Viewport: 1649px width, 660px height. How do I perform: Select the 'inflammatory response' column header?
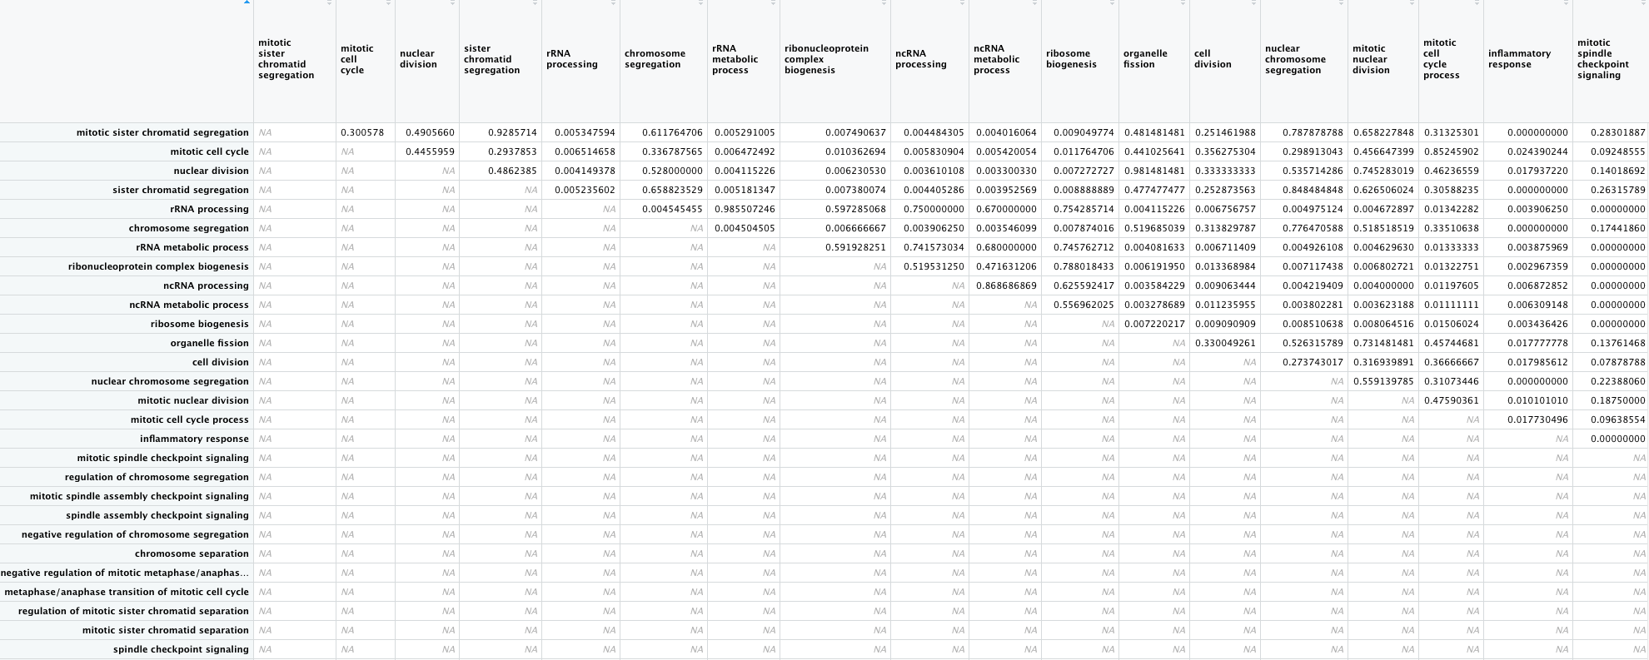click(x=1519, y=59)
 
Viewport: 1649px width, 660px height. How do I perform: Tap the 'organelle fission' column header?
click(x=1145, y=59)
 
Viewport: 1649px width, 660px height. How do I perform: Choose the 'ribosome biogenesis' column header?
click(x=1071, y=59)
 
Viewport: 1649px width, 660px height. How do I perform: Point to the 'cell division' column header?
click(x=1213, y=59)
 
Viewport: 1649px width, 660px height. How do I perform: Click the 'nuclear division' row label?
click(x=211, y=171)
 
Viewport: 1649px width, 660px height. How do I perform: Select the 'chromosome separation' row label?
click(x=192, y=553)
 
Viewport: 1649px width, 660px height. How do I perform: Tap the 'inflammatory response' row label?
click(x=194, y=439)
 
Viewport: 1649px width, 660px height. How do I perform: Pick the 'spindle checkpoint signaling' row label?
click(x=181, y=649)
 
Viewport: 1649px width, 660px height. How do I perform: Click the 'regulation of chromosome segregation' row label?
click(x=157, y=477)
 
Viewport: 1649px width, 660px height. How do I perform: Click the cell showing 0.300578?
click(x=362, y=132)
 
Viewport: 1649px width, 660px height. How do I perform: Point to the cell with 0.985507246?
click(x=745, y=209)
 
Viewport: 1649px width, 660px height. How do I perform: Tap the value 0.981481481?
click(x=1154, y=171)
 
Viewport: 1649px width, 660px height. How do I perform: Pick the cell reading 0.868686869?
click(x=1006, y=285)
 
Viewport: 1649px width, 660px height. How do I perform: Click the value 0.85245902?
click(x=1452, y=151)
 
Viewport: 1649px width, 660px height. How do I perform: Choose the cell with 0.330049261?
click(x=1225, y=343)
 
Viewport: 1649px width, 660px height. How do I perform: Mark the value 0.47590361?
click(x=1452, y=400)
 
